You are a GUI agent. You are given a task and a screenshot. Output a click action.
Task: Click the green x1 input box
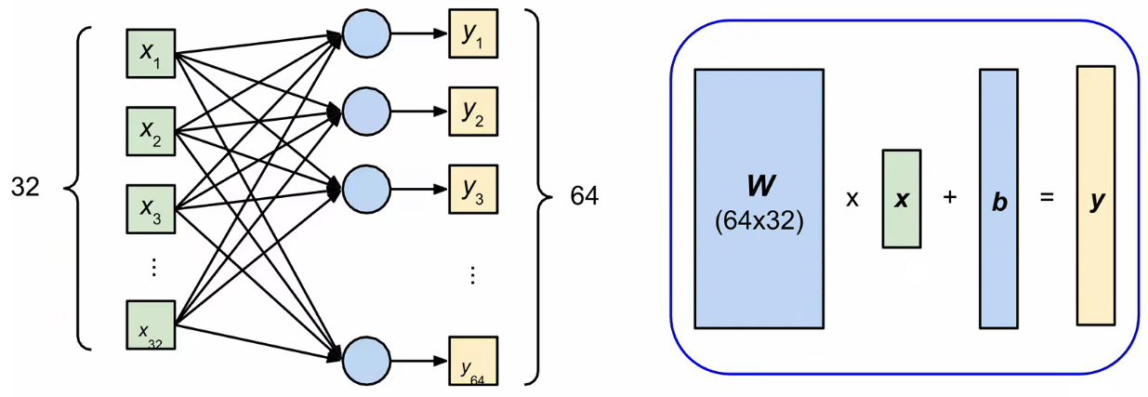tap(150, 52)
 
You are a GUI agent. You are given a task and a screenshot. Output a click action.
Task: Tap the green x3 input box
tap(150, 208)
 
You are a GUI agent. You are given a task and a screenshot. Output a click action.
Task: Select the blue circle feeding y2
tap(365, 112)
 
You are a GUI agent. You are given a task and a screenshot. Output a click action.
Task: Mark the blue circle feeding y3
tap(365, 189)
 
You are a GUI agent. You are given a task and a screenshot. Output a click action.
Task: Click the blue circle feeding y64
tap(365, 361)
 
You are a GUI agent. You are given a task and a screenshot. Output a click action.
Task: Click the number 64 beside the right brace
tap(584, 197)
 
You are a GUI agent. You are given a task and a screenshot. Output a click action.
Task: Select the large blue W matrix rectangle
tap(758, 198)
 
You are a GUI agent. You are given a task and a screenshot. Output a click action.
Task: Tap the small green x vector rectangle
tap(901, 200)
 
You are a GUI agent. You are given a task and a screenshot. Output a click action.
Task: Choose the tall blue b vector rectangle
tap(999, 200)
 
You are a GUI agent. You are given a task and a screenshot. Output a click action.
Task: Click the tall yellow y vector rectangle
tap(1096, 196)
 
